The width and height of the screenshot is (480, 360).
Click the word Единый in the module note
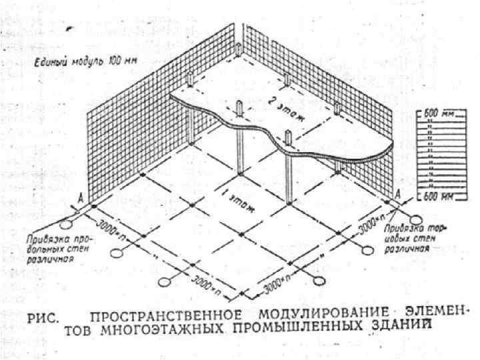[x=47, y=63]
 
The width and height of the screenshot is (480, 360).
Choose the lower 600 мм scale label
[x=440, y=197]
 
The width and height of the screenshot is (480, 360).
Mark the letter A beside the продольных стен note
[x=81, y=197]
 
